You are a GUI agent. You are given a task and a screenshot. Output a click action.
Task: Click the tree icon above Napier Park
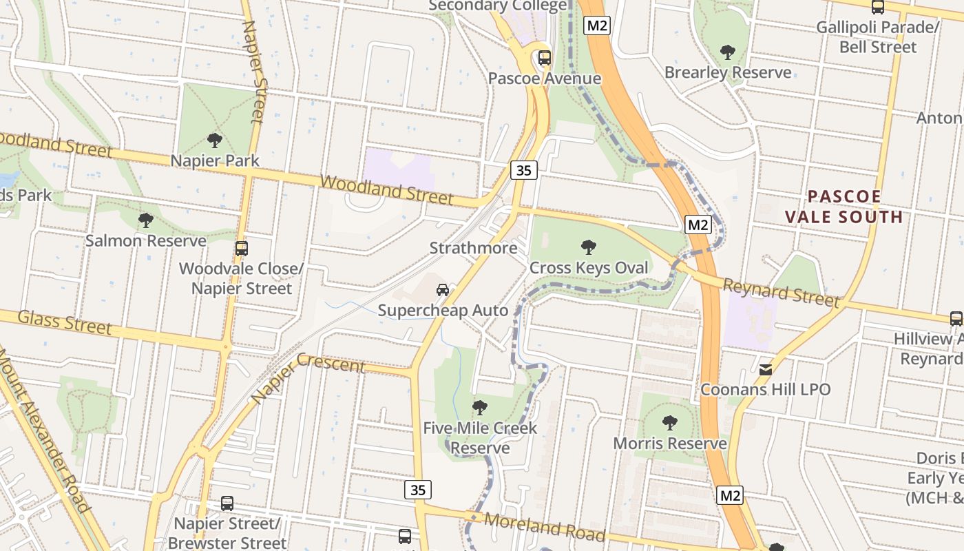click(215, 141)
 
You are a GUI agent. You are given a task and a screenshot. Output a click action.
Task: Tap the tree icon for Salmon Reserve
click(145, 220)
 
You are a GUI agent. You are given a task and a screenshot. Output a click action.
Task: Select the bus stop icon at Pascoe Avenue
click(545, 58)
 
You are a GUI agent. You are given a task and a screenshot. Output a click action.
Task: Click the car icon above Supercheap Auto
click(443, 290)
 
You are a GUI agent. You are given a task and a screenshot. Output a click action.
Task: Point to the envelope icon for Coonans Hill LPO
click(766, 370)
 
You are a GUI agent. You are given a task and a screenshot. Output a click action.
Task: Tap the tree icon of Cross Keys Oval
click(589, 247)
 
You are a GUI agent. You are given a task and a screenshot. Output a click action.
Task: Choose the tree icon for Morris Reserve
click(669, 423)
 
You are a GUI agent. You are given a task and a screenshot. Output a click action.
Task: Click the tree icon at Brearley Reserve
click(727, 52)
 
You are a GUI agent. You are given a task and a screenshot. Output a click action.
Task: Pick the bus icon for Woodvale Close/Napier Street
click(242, 249)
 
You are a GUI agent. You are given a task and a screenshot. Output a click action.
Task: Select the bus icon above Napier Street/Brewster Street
click(227, 503)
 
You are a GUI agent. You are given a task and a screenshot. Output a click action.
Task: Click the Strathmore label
click(473, 248)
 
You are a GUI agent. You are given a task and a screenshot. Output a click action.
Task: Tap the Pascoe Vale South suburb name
click(844, 207)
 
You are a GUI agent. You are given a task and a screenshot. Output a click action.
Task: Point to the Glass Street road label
click(64, 322)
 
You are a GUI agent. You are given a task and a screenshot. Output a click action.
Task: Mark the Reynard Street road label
click(782, 291)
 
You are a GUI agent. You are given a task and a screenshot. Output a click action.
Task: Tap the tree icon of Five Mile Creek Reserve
click(480, 408)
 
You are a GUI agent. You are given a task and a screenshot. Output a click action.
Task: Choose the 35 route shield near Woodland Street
click(524, 170)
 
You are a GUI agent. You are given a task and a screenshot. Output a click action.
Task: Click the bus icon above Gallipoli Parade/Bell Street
click(878, 8)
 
